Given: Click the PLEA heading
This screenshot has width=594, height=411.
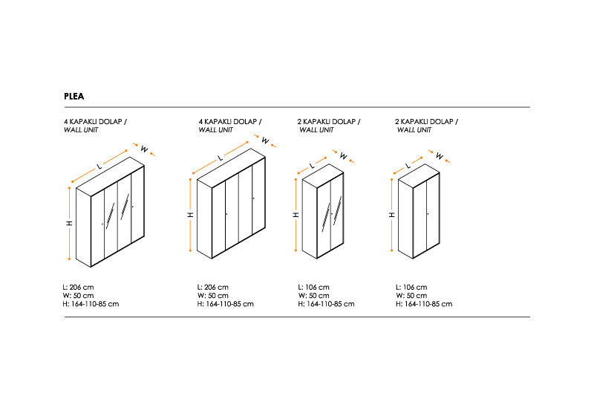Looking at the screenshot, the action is [74, 97].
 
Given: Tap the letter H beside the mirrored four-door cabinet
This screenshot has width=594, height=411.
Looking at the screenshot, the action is [70, 223].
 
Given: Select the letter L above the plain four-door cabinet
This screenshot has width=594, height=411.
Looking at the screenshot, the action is [220, 158].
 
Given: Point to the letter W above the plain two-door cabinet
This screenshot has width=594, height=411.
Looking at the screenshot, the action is [440, 156].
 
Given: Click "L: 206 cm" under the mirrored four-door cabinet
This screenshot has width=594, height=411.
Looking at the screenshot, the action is [79, 288].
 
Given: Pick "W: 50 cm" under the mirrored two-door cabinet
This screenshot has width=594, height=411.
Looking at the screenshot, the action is [313, 296].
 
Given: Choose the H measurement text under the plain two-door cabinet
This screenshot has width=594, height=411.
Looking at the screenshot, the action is [424, 304].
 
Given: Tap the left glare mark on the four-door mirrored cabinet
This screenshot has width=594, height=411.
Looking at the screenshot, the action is [110, 216].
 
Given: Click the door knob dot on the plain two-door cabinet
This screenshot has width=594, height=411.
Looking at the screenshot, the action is [428, 214].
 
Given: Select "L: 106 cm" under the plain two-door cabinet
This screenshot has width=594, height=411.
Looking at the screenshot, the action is [411, 288].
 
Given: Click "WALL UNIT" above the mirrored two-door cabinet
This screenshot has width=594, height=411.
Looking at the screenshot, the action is [317, 130].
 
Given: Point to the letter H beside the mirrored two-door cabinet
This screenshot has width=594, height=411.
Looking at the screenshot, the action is [296, 215].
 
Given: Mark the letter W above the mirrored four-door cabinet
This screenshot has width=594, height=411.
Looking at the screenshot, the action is [144, 149].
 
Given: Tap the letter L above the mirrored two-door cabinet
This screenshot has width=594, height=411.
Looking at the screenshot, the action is [312, 165].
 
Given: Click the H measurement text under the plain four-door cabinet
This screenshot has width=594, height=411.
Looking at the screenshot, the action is [226, 304].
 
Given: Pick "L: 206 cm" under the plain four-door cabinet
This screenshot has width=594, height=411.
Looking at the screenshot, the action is [213, 288].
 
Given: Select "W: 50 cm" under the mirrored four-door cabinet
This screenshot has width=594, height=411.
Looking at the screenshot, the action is [79, 296].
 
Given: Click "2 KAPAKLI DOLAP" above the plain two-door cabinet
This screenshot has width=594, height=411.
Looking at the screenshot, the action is [424, 122].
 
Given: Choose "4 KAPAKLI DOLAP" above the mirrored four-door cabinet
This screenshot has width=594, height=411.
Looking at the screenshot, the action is [93, 122].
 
